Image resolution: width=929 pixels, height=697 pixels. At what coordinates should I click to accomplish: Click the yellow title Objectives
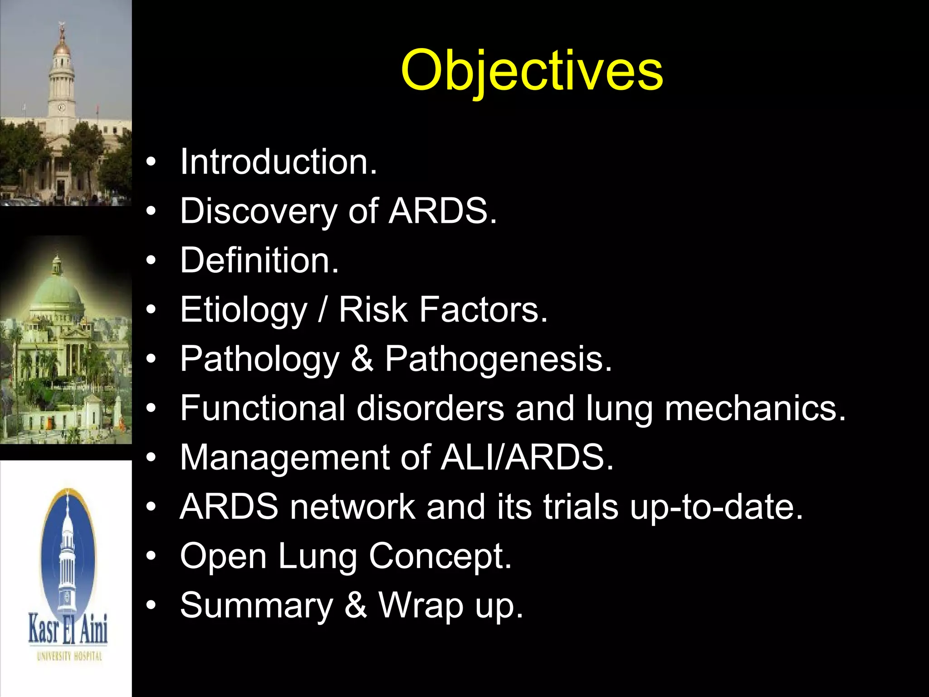pos(532,70)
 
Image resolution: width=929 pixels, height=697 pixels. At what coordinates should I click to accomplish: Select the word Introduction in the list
pos(278,162)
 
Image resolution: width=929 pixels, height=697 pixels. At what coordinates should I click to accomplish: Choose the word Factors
pos(483,310)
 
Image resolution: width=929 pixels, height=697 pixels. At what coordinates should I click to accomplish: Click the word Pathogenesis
pos(498,359)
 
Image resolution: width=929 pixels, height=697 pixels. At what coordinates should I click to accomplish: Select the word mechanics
pos(755,408)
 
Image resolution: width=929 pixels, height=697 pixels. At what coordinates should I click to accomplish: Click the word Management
pos(284,457)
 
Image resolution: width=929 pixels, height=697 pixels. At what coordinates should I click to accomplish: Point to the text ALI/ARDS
pos(527,457)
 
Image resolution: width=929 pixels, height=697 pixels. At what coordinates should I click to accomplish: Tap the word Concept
pos(440,556)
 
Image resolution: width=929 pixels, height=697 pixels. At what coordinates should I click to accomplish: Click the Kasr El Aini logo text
pos(68,629)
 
